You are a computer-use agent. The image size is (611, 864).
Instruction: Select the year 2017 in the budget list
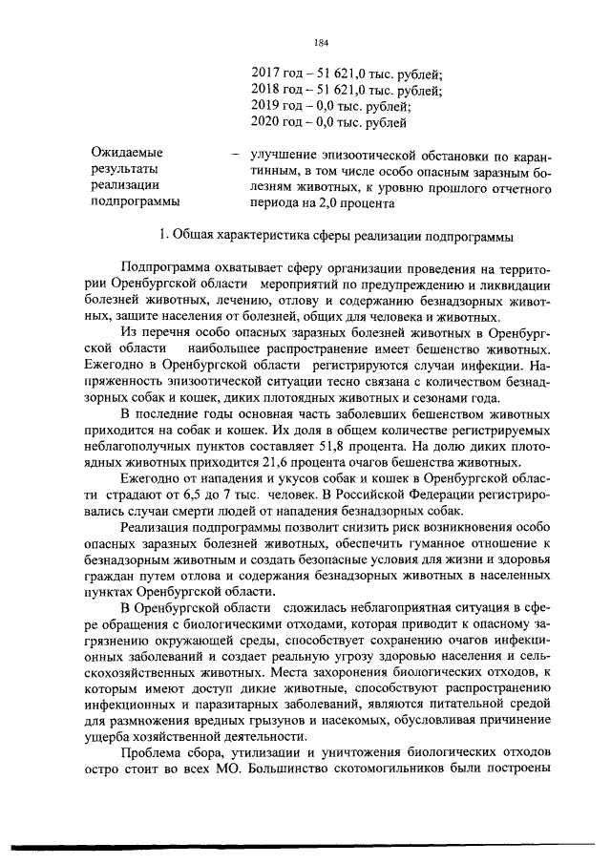[x=266, y=73]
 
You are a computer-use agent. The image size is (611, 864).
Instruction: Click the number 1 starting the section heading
[x=163, y=235]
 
